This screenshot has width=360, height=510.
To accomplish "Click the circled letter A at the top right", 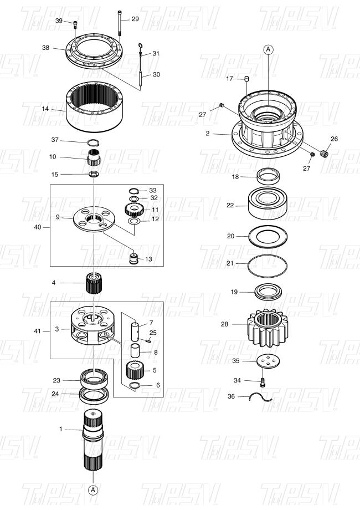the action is [x=269, y=49].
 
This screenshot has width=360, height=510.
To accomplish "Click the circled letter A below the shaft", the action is [x=93, y=489].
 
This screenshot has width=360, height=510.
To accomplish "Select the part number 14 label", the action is [x=45, y=109].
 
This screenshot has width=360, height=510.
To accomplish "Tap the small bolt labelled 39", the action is [x=75, y=25].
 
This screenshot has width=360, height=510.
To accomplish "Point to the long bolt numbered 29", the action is [x=120, y=23].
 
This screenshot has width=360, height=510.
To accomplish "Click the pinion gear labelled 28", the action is [x=268, y=326].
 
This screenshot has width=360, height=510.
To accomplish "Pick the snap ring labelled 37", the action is [x=94, y=142].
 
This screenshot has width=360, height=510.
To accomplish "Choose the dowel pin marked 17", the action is [x=246, y=78].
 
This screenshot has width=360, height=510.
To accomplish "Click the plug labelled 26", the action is [x=324, y=154].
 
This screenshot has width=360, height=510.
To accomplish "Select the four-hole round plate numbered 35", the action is [x=268, y=361].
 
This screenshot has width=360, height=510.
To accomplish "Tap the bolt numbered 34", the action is [x=262, y=382].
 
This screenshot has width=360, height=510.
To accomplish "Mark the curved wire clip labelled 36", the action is [x=260, y=397].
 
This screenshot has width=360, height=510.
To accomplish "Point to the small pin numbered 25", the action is [x=147, y=340].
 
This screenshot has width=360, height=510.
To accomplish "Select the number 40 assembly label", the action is [x=38, y=227].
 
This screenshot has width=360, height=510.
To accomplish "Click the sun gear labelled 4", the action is [x=94, y=283].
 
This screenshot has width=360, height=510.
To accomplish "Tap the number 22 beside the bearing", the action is [x=230, y=205].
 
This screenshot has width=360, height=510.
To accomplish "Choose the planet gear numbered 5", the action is [x=133, y=370].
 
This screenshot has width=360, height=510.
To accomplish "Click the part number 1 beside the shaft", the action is [x=61, y=429].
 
